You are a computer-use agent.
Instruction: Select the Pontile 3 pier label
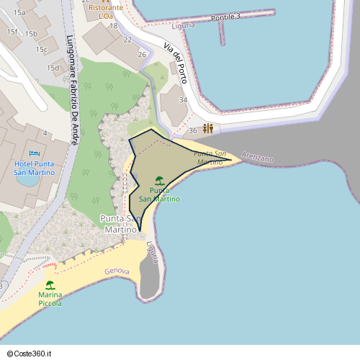tap(225, 17)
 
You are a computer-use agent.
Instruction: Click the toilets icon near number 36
tap(208, 128)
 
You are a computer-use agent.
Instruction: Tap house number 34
tap(183, 100)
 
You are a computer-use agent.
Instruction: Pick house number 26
tap(143, 55)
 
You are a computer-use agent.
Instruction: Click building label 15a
tap(19, 13)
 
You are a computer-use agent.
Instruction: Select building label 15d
tap(53, 68)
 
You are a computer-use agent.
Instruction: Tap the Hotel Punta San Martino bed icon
tap(34, 153)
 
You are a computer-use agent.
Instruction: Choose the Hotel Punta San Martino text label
tap(34, 168)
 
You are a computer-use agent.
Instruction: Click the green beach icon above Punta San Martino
tap(159, 180)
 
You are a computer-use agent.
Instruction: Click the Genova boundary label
tap(116, 271)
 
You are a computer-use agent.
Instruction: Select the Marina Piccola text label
tap(50, 299)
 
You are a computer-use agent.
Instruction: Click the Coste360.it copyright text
tap(30, 354)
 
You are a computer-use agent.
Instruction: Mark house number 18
tap(113, 26)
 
